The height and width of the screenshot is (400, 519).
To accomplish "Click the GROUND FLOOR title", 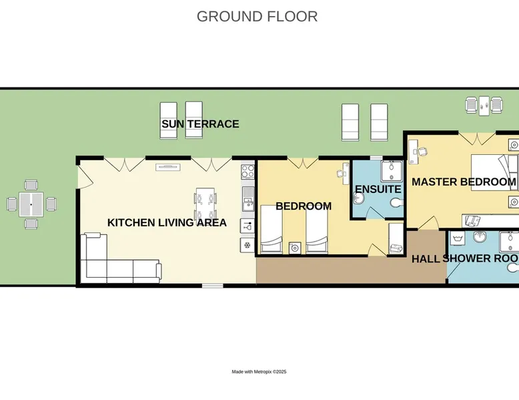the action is (257, 17).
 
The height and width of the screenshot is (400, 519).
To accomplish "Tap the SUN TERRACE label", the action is (200, 124).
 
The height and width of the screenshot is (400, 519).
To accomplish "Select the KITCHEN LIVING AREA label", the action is (167, 222).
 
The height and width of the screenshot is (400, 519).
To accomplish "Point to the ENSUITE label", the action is (378, 189).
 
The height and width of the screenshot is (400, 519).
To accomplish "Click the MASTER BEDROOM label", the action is (464, 182).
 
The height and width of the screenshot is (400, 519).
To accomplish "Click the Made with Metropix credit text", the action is (259, 372).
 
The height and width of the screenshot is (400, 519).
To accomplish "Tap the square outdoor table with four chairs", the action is (31, 204).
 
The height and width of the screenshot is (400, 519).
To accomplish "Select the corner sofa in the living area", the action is (121, 258).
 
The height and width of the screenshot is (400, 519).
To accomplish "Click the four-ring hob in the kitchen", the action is (247, 172).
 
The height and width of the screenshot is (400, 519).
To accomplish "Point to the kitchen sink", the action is (247, 199).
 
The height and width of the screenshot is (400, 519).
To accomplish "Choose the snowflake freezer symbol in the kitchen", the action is (247, 245).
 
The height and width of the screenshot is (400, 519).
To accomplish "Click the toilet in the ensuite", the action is (396, 202).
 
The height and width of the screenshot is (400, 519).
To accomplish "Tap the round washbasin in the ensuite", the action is (358, 198).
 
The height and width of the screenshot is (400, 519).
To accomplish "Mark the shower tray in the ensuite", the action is (392, 171).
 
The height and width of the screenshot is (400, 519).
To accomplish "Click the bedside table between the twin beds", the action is (295, 248).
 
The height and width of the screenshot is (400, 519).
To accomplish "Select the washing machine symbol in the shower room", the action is (458, 238).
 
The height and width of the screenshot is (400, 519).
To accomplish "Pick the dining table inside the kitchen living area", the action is (205, 204).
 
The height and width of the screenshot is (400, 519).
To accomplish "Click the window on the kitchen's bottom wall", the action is (213, 286).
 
